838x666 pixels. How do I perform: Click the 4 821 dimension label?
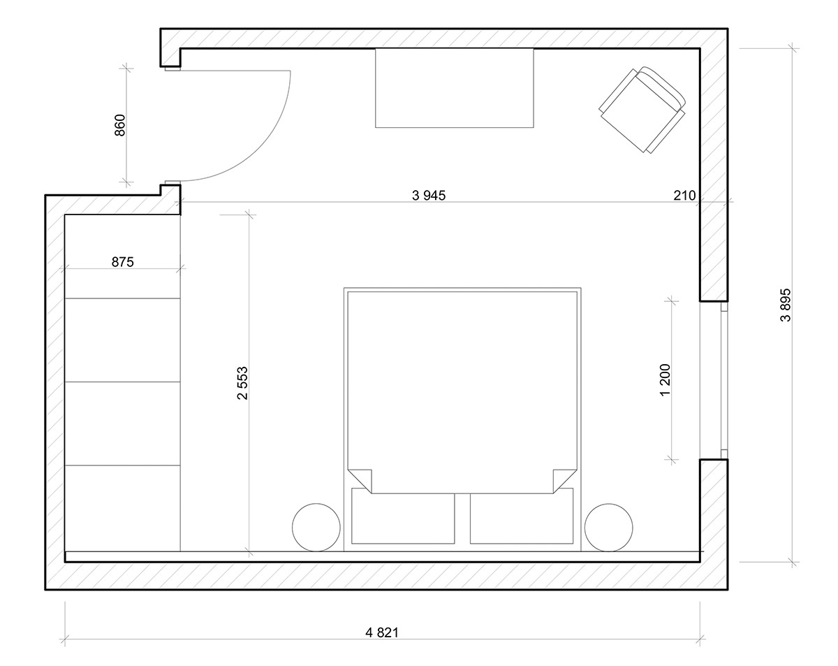click(382, 632)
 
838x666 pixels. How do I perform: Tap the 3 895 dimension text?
click(786, 305)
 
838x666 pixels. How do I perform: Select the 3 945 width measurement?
click(429, 195)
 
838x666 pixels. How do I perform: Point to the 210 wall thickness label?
click(684, 195)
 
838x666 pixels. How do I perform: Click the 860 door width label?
click(120, 125)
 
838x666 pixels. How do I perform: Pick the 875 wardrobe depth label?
click(123, 262)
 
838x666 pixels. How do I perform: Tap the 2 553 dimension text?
click(242, 383)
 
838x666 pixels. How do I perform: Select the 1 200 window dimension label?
click(666, 380)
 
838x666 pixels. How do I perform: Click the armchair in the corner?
click(642, 110)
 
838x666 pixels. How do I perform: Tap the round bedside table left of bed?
click(316, 527)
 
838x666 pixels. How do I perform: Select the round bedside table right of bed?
click(609, 527)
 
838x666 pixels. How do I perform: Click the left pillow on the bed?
click(403, 516)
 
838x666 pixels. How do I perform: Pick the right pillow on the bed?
click(522, 516)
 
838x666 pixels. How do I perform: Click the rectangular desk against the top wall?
click(455, 87)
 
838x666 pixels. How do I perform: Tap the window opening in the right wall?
click(714, 380)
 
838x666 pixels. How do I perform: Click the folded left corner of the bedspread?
click(360, 481)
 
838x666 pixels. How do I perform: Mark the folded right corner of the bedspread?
click(565, 481)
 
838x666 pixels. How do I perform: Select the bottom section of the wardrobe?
click(122, 508)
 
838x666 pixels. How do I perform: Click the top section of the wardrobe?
click(122, 256)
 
